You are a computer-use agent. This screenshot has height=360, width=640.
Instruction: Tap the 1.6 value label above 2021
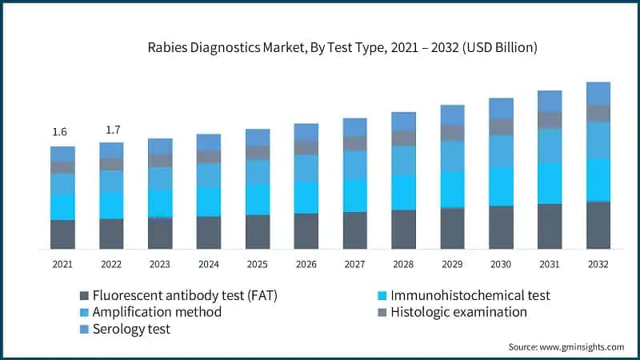pyautogui.click(x=60, y=132)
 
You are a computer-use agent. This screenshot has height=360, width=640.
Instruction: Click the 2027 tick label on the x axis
pyautogui.click(x=354, y=264)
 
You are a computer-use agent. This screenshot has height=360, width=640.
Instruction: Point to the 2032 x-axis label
pyautogui.click(x=598, y=264)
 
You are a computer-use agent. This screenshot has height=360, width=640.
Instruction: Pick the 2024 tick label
pyautogui.click(x=208, y=264)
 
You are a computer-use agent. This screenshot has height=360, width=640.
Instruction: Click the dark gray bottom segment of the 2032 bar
pyautogui.click(x=598, y=225)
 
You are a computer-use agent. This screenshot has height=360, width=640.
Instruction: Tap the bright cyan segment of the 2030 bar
pyautogui.click(x=501, y=186)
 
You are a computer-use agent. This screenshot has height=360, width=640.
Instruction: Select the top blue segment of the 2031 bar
pyautogui.click(x=550, y=101)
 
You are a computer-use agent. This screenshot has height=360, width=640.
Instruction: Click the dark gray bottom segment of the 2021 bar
pyautogui.click(x=62, y=234)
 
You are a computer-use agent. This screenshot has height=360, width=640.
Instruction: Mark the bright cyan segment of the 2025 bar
pyautogui.click(x=257, y=199)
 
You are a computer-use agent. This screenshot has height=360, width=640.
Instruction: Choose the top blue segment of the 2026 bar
pyautogui.click(x=306, y=132)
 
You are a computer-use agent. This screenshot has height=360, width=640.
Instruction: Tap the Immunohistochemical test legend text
pyautogui.click(x=470, y=295)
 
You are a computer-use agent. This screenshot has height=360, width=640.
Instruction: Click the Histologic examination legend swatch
pyautogui.click(x=382, y=312)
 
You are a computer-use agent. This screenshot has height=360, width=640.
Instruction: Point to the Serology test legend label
pyautogui.click(x=131, y=329)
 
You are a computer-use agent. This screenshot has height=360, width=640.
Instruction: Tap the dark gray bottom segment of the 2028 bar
pyautogui.click(x=403, y=229)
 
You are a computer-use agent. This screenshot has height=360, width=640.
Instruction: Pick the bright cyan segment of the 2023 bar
pyautogui.click(x=160, y=203)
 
